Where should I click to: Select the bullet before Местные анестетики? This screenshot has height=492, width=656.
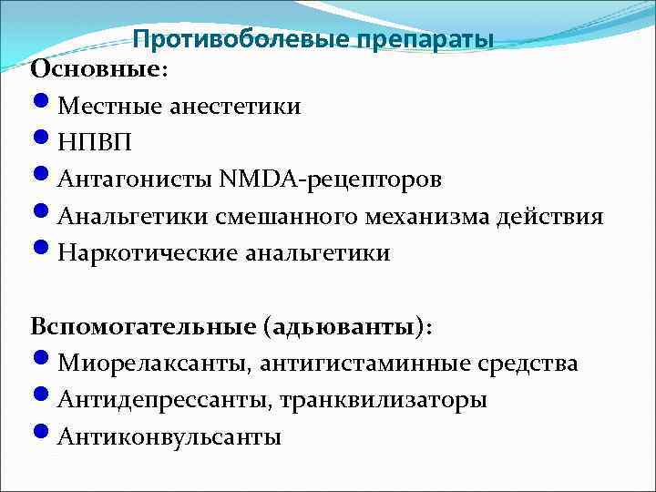click(43, 106)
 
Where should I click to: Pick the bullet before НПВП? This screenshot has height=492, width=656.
click(43, 142)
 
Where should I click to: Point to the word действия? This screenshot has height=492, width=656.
click(558, 217)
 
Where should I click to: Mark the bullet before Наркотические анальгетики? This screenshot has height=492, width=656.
click(43, 251)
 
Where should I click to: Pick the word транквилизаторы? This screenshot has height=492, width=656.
click(383, 401)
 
